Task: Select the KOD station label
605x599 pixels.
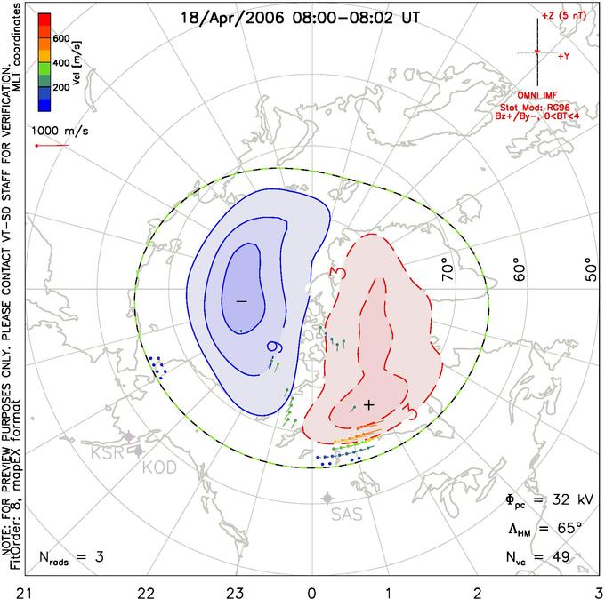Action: coord(158,467)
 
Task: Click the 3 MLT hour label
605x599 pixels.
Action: coord(599,590)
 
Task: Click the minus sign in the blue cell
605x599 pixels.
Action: coord(240,302)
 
